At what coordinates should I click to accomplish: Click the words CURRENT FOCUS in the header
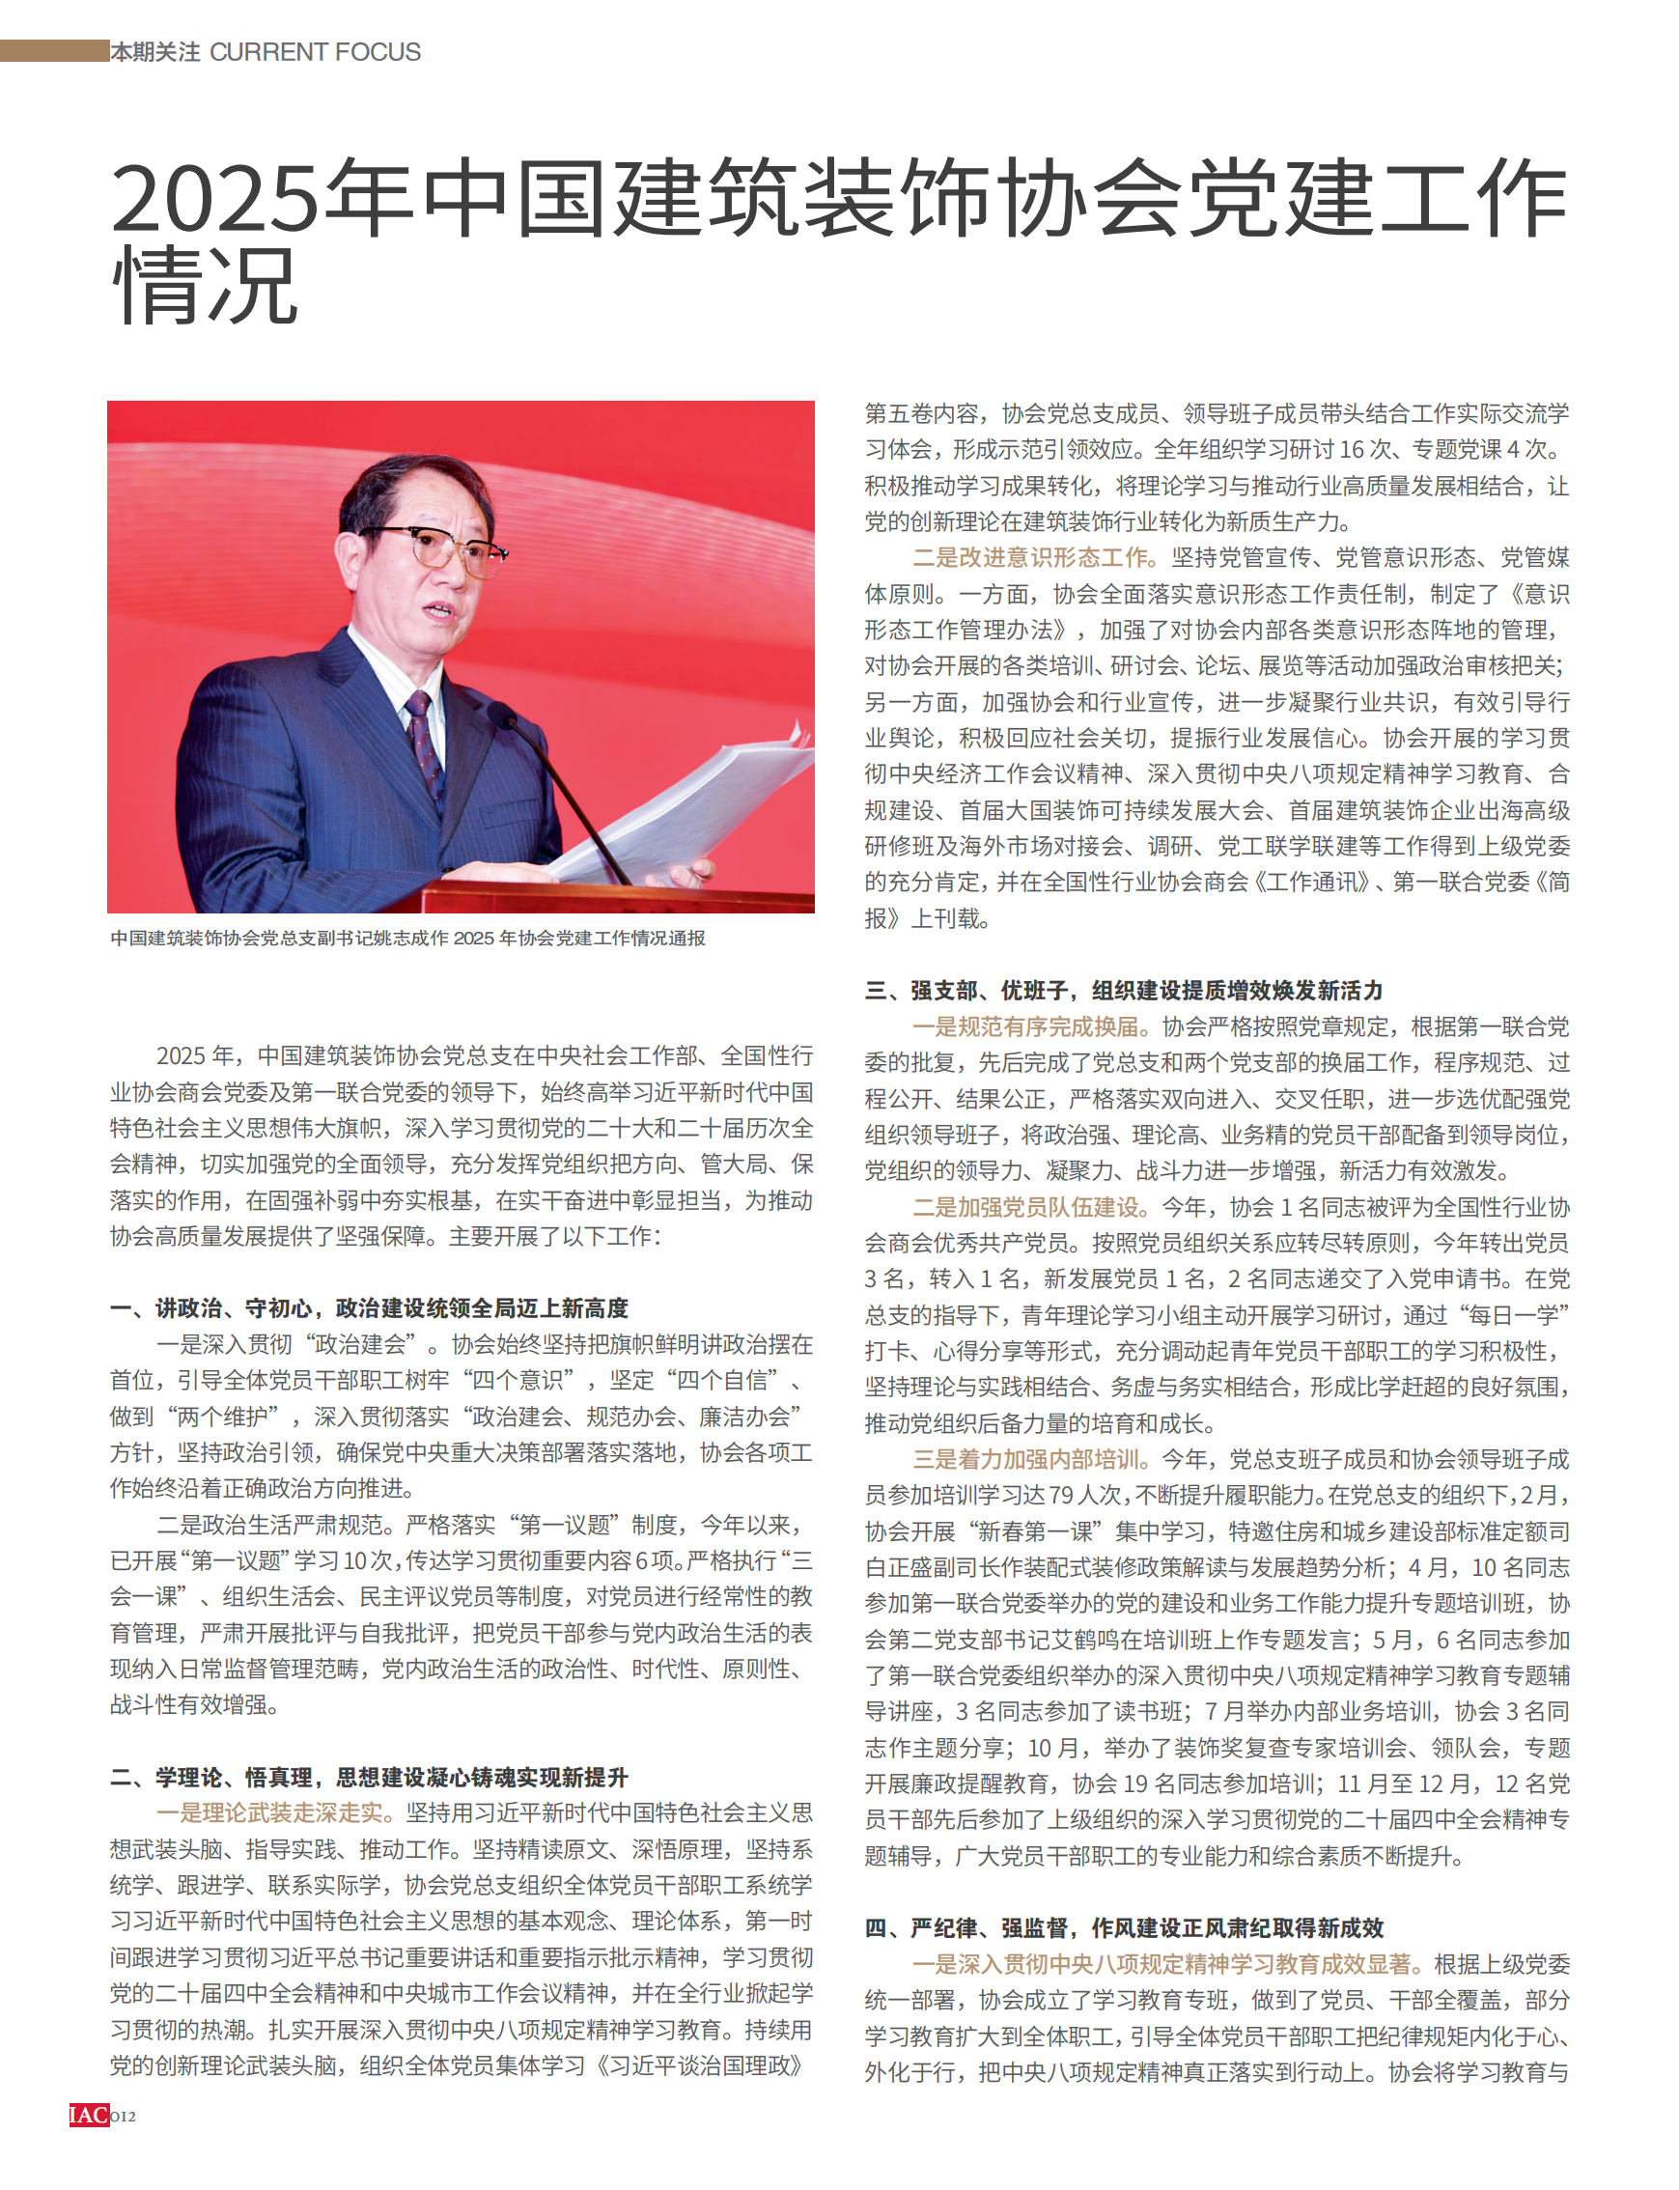pyautogui.click(x=315, y=52)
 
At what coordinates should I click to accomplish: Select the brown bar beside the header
pyautogui.click(x=54, y=50)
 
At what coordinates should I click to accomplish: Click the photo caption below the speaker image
pyautogui.click(x=406, y=938)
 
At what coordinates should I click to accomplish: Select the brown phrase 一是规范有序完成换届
pyautogui.click(x=1034, y=1026)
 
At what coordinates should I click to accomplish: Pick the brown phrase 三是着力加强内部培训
pyautogui.click(x=1034, y=1459)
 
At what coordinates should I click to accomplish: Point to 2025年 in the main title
pyautogui.click(x=260, y=197)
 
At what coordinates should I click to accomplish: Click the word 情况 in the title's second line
pyautogui.click(x=205, y=287)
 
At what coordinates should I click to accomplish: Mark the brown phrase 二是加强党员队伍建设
pyautogui.click(x=1034, y=1206)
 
